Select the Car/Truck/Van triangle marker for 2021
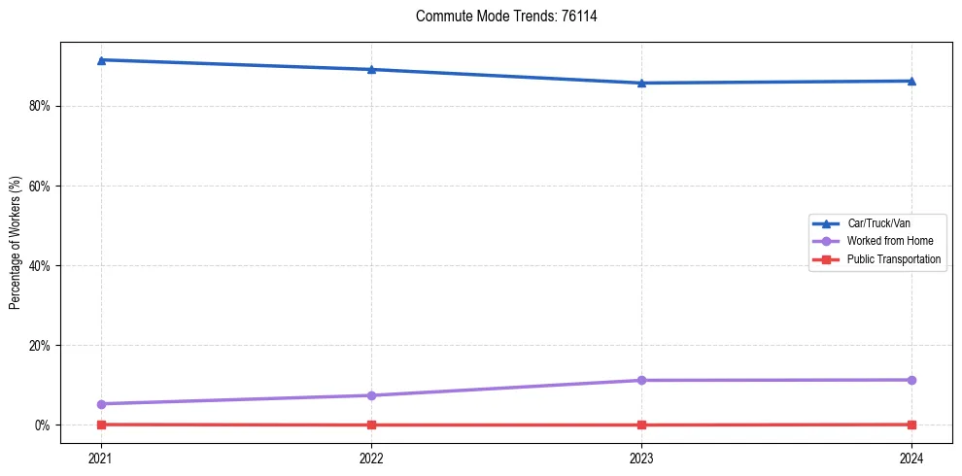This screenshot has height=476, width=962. click(101, 60)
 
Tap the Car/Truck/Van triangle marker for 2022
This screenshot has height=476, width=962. click(371, 69)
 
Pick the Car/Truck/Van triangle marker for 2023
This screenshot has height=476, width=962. click(641, 83)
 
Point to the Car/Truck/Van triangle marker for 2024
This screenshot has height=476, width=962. click(911, 81)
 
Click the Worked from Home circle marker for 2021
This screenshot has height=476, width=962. click(101, 404)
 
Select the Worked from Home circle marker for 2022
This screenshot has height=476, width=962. click(371, 395)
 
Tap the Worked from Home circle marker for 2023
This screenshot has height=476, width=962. click(641, 380)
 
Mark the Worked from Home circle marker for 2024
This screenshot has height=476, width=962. click(911, 380)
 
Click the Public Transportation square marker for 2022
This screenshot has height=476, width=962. click(371, 425)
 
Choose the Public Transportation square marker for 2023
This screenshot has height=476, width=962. click(641, 425)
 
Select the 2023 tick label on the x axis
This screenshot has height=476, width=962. click(641, 457)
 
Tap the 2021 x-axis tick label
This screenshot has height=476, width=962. click(101, 457)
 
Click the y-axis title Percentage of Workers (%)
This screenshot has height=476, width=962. click(15, 243)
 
